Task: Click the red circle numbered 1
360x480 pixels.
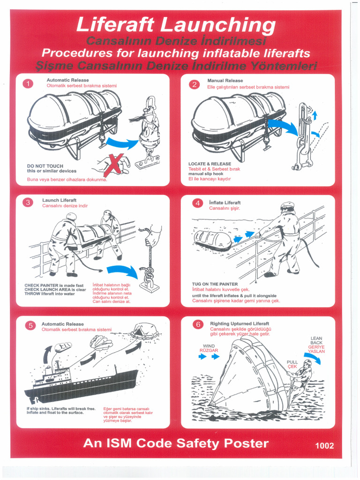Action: pyautogui.click(x=28, y=84)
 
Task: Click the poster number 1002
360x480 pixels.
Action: pyautogui.click(x=324, y=446)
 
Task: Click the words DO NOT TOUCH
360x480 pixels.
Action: pyautogui.click(x=45, y=166)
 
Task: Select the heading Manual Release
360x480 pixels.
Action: pyautogui.click(x=225, y=81)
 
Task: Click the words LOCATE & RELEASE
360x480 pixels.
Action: pyautogui.click(x=210, y=164)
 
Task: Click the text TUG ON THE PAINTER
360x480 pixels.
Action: pyautogui.click(x=215, y=284)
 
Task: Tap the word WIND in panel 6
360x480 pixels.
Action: pyautogui.click(x=209, y=346)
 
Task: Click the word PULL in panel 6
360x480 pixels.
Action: pyautogui.click(x=292, y=362)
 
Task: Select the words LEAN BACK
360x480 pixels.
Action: pyautogui.click(x=316, y=340)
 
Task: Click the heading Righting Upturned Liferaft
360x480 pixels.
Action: pyautogui.click(x=240, y=324)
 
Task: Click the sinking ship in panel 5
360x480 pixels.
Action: pyautogui.click(x=80, y=382)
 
